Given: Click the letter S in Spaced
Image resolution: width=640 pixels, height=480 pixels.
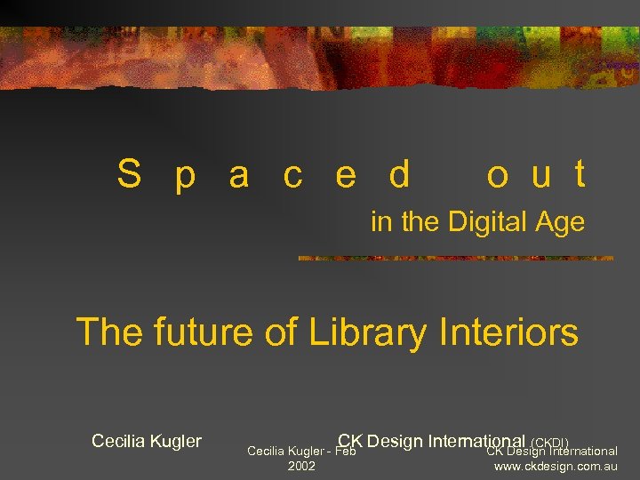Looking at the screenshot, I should point(129,175).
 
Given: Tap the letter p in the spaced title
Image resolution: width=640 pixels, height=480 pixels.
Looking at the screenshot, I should point(184,178).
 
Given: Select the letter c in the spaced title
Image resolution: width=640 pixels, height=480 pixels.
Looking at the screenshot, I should point(292,178).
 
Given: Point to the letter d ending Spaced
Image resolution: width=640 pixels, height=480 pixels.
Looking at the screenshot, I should point(400,175).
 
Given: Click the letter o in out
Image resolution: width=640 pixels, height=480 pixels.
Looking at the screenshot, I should point(498,178).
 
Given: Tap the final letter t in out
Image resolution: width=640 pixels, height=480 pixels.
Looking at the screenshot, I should point(580,175).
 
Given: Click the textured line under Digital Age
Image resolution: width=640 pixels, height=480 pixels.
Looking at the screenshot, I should point(455,258).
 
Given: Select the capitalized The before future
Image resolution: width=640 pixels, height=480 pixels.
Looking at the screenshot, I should point(104,332).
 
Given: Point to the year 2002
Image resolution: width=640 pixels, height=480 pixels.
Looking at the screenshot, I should point(301,466).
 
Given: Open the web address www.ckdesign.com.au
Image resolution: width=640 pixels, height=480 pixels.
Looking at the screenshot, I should point(556,466).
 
